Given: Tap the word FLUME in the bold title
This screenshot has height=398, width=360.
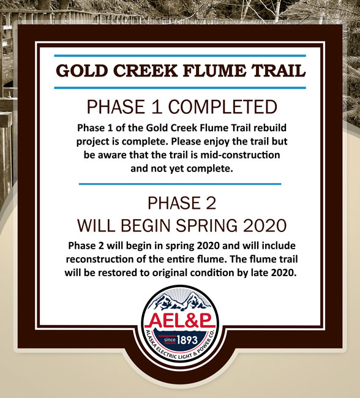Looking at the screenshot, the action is [x=214, y=71].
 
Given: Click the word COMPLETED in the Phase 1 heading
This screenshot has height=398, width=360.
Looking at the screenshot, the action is [x=223, y=107].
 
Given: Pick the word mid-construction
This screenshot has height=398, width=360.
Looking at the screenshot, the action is [x=240, y=155].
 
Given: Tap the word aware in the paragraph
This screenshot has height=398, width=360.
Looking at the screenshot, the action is [x=112, y=155].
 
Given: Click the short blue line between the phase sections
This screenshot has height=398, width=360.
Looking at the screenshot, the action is [x=180, y=184].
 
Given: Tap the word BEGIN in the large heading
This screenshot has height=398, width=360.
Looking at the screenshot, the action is [x=145, y=225].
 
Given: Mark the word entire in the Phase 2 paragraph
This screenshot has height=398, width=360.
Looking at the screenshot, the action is [x=181, y=260].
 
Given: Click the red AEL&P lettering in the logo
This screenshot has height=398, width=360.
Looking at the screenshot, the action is [x=180, y=321].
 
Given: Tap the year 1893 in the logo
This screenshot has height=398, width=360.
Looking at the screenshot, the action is [x=187, y=340].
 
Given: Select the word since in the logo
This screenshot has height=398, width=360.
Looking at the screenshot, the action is [x=170, y=340].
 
